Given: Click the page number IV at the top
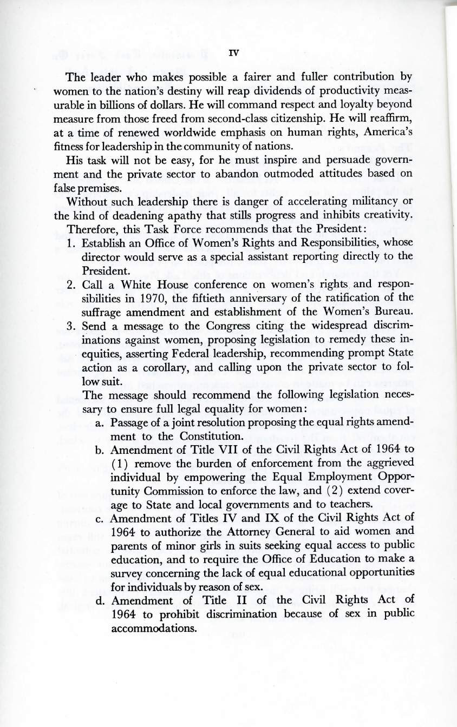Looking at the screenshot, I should click(233, 52).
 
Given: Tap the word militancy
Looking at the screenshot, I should click(377, 218).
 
